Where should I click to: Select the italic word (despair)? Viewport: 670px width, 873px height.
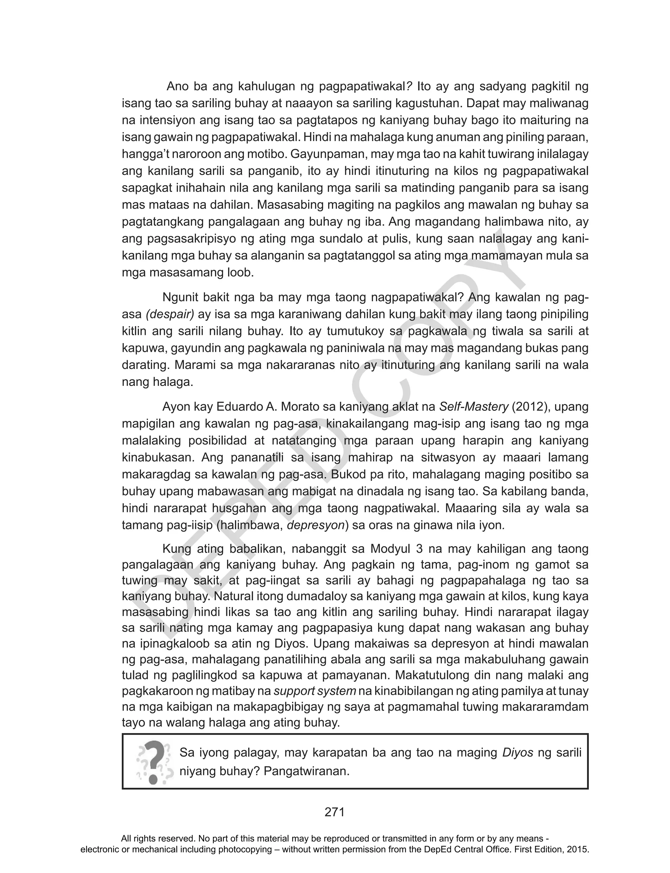point(170,315)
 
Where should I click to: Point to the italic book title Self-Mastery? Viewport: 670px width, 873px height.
point(474,407)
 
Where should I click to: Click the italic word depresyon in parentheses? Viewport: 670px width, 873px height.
point(315,525)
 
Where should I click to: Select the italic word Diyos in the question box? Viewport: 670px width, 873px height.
point(518,753)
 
